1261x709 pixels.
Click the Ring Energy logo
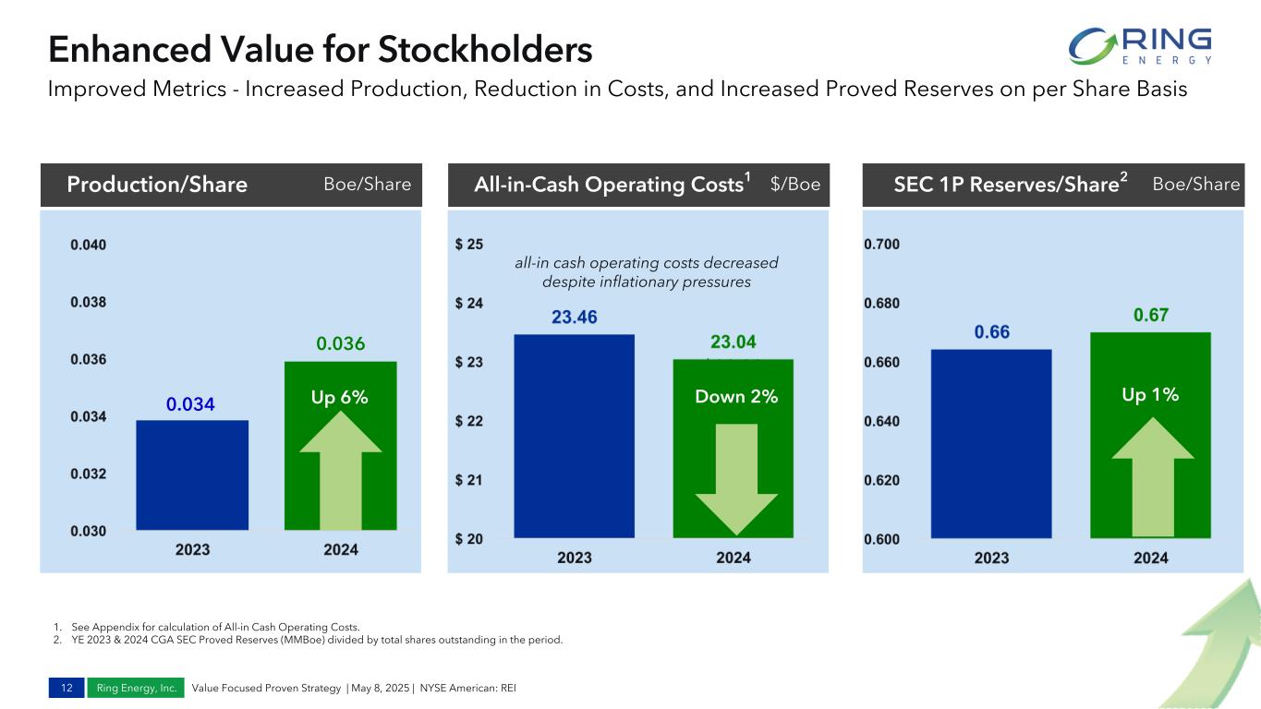point(1139,46)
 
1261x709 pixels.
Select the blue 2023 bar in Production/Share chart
point(192,475)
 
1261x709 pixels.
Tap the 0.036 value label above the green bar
point(341,344)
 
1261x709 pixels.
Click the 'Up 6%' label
point(340,397)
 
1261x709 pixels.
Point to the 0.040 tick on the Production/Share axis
point(88,245)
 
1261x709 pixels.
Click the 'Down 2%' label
point(736,397)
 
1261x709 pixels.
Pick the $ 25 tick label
point(468,245)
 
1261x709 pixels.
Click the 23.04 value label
point(734,342)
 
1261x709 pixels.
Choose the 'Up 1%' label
point(1150,395)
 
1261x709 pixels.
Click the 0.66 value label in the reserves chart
point(991,332)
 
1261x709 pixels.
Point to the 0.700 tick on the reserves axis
point(882,245)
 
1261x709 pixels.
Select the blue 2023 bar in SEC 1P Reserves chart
point(991,443)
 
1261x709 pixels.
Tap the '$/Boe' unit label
point(794,185)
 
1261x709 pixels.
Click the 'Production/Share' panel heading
point(157,185)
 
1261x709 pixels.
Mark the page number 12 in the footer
point(67,688)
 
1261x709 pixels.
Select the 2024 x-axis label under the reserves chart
point(1150,558)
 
